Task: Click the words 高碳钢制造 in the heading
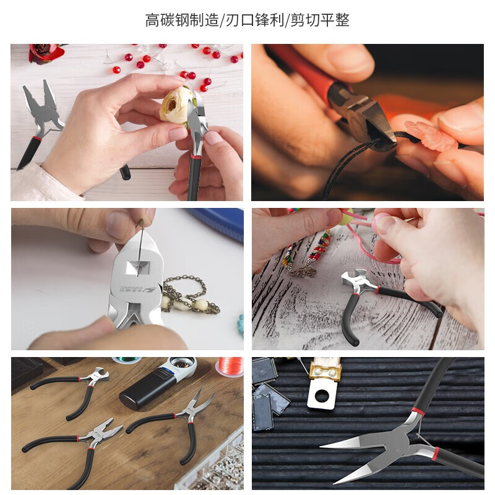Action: [182, 20]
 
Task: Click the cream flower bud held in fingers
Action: [177, 104]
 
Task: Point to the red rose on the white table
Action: [47, 53]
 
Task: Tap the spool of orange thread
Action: [230, 366]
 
